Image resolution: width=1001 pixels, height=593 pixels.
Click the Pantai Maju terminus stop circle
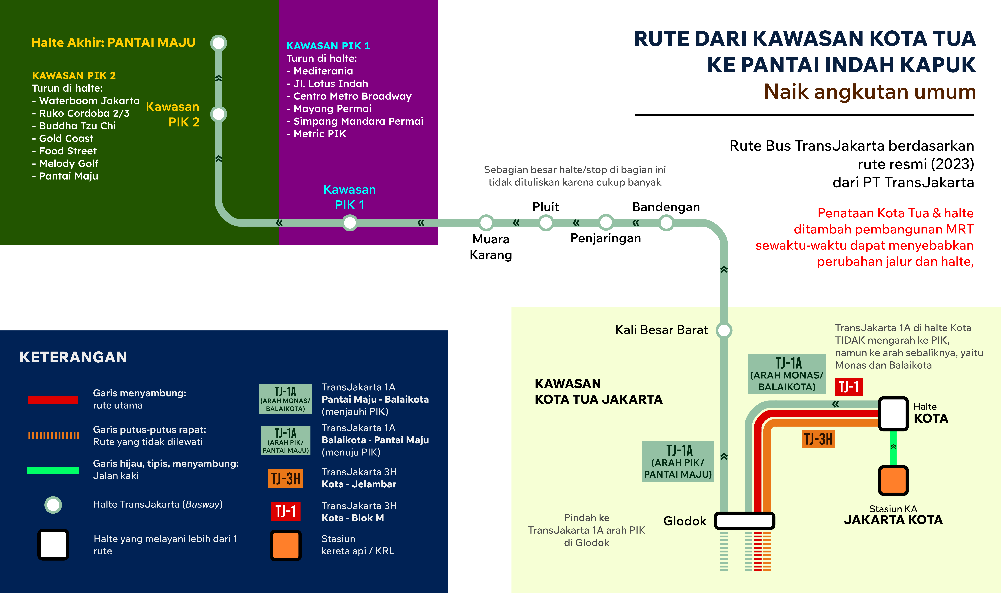coord(219,43)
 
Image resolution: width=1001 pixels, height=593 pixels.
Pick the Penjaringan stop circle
coord(606,223)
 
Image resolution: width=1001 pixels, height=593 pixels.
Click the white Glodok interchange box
coord(744,521)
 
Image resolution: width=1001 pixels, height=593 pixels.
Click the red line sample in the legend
coord(53,400)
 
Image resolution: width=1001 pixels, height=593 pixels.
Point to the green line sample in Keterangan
coord(53,470)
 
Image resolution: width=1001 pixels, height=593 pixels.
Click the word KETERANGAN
coord(73,357)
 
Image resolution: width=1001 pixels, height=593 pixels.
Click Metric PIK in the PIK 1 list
coord(320,134)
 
